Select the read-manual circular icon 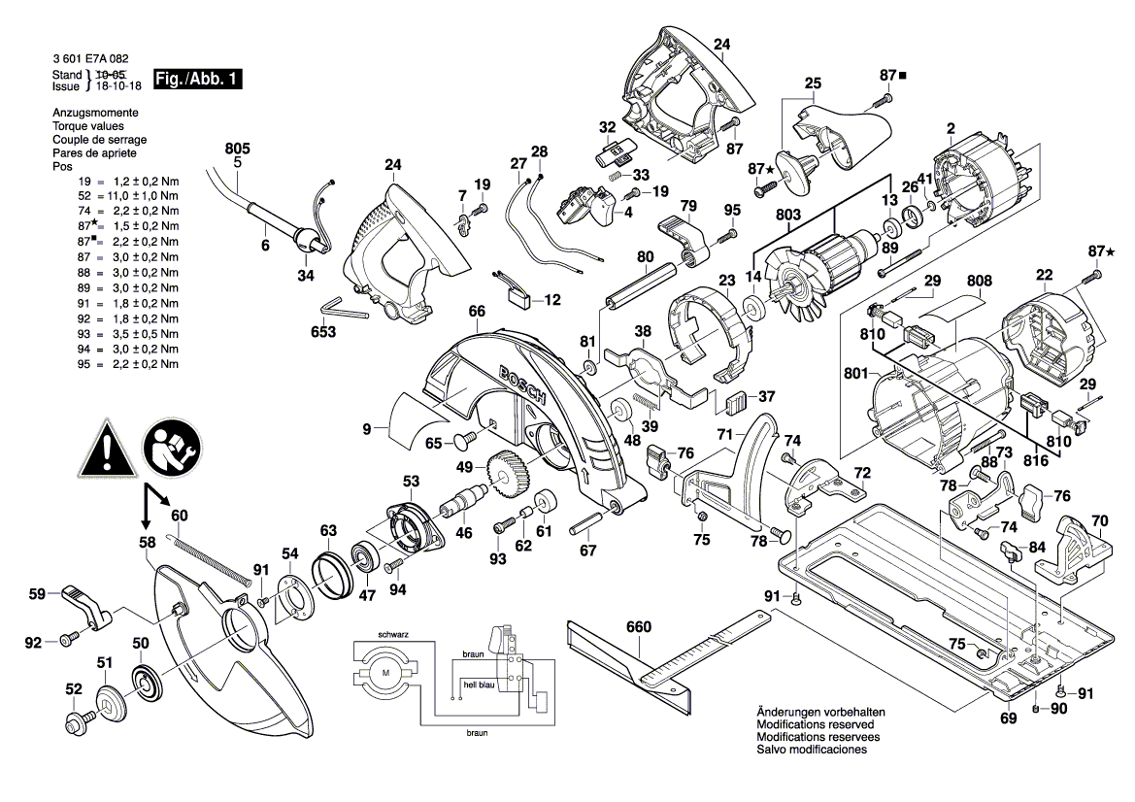click(174, 449)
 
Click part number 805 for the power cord click(237, 149)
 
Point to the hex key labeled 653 click(345, 309)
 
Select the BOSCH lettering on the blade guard click(524, 388)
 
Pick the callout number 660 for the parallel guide click(638, 626)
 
